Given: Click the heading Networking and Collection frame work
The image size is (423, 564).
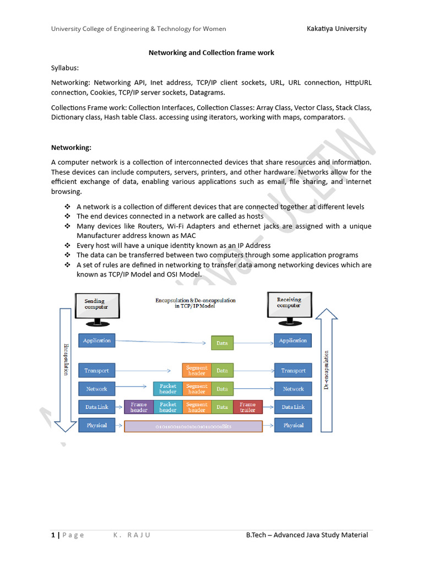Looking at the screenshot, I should (x=211, y=53).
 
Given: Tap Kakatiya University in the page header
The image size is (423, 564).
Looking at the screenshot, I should (x=337, y=29).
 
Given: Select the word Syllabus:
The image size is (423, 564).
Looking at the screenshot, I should (x=65, y=68).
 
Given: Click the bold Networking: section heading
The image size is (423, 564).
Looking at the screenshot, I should (x=71, y=148).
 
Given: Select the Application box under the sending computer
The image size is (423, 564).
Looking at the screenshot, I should (x=97, y=341).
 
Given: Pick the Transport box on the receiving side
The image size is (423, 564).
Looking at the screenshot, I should (x=293, y=371).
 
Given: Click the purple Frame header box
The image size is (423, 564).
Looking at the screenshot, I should (x=139, y=407).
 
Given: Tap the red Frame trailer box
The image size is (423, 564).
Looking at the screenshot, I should (x=247, y=407).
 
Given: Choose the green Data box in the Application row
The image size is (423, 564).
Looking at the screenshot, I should (x=222, y=343).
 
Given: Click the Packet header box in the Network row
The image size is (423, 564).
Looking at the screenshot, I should (x=168, y=389).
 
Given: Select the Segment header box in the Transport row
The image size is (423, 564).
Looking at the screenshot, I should (x=197, y=371).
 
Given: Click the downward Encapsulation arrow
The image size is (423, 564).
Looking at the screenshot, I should (x=66, y=369).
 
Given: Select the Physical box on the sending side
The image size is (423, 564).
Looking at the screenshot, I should (x=97, y=425).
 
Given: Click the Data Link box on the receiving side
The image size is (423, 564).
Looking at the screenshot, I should (x=293, y=407).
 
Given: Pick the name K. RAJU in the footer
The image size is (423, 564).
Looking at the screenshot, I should (x=132, y=535).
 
